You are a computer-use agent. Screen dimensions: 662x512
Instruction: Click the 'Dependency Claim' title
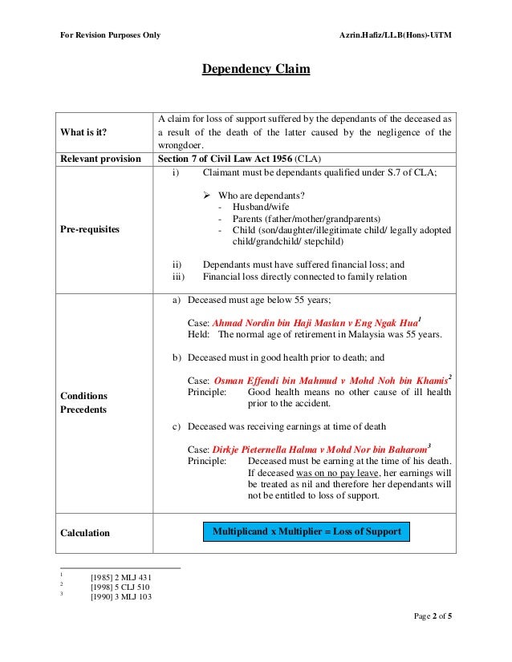click(x=255, y=70)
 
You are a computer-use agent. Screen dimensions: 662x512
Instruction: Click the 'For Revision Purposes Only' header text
click(x=110, y=35)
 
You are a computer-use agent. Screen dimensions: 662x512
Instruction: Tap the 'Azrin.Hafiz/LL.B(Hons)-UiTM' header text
click(x=396, y=35)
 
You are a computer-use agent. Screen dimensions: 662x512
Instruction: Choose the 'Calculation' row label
click(x=85, y=532)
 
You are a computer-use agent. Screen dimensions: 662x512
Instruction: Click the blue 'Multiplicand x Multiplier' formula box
click(x=307, y=531)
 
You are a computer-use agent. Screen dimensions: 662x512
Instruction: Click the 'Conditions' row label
click(x=84, y=396)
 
